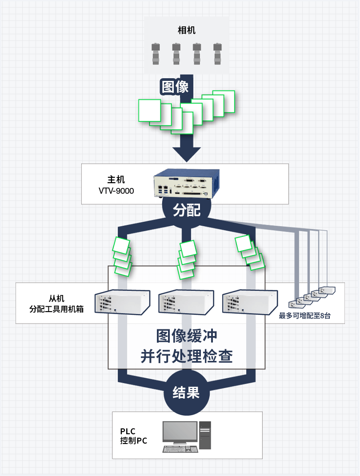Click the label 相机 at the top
[186, 31]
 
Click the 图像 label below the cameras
[175, 87]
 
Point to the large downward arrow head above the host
[187, 153]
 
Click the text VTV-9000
[116, 191]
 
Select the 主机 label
[116, 180]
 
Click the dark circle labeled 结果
[186, 392]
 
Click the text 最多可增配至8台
[304, 316]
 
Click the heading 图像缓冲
[187, 336]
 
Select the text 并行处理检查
[187, 356]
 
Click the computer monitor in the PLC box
[180, 433]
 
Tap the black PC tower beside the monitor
[205, 435]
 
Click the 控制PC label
[133, 441]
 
